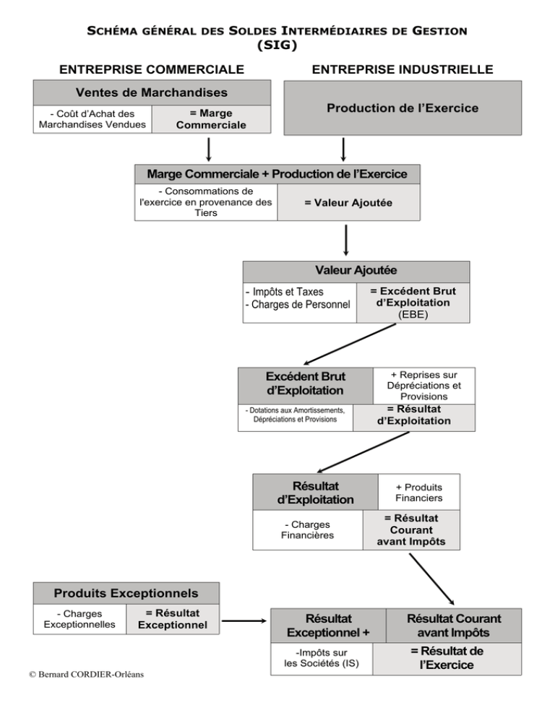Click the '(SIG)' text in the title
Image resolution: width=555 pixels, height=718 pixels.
pos(277,45)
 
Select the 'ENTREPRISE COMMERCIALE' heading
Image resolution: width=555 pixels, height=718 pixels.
pos(152,69)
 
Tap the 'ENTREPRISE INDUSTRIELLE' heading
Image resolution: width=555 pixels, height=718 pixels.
pos(403,69)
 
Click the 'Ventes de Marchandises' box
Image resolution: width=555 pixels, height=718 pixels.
pos(152,93)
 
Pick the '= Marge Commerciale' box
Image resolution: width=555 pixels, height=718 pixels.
pos(211,119)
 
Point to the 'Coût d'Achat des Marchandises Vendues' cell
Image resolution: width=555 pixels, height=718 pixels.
pos(92,119)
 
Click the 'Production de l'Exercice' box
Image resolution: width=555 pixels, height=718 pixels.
pos(403,108)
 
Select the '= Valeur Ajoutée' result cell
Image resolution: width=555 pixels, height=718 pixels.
pos(348,202)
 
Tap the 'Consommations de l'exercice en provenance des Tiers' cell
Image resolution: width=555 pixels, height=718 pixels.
pos(206,202)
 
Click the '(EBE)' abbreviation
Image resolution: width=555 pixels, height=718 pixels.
pos(413,315)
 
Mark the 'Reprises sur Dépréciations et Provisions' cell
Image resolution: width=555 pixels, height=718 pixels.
pos(424,386)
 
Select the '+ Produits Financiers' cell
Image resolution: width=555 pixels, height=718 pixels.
pos(419,492)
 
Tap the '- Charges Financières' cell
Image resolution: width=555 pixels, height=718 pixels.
pos(308,529)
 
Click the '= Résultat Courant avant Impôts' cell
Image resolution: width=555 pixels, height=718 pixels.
pos(411,529)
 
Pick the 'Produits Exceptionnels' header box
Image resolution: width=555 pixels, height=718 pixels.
pos(126,594)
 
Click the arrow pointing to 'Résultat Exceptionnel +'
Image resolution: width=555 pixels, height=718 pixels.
pos(244,621)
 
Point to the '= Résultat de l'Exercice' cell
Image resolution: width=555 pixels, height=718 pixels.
pos(447,659)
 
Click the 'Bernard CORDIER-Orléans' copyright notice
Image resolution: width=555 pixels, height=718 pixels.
pos(86,675)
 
